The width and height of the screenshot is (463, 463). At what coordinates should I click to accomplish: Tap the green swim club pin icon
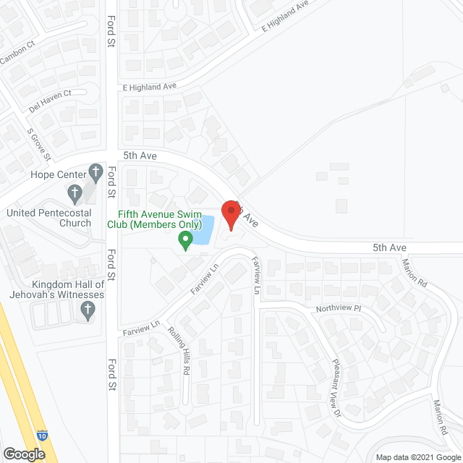185,239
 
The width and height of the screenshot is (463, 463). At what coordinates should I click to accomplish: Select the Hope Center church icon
95,173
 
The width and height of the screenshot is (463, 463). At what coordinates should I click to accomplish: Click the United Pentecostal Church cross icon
74,193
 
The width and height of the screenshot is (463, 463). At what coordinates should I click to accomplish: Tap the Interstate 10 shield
42,436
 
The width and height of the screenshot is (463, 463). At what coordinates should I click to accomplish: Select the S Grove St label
39,145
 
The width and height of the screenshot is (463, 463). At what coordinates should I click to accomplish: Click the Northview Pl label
337,309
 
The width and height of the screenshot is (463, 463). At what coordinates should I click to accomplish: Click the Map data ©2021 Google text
417,457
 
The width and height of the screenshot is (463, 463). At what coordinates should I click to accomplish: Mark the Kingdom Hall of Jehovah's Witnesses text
57,289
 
